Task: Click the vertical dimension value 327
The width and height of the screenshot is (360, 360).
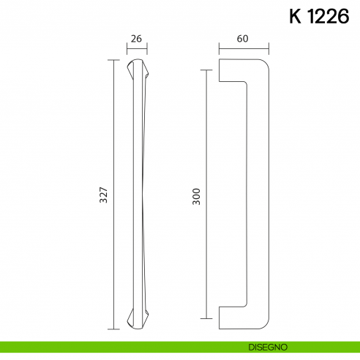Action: pos(104,194)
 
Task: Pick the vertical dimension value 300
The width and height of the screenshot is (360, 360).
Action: pos(196,194)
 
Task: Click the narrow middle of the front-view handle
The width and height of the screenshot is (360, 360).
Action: pos(138,194)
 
